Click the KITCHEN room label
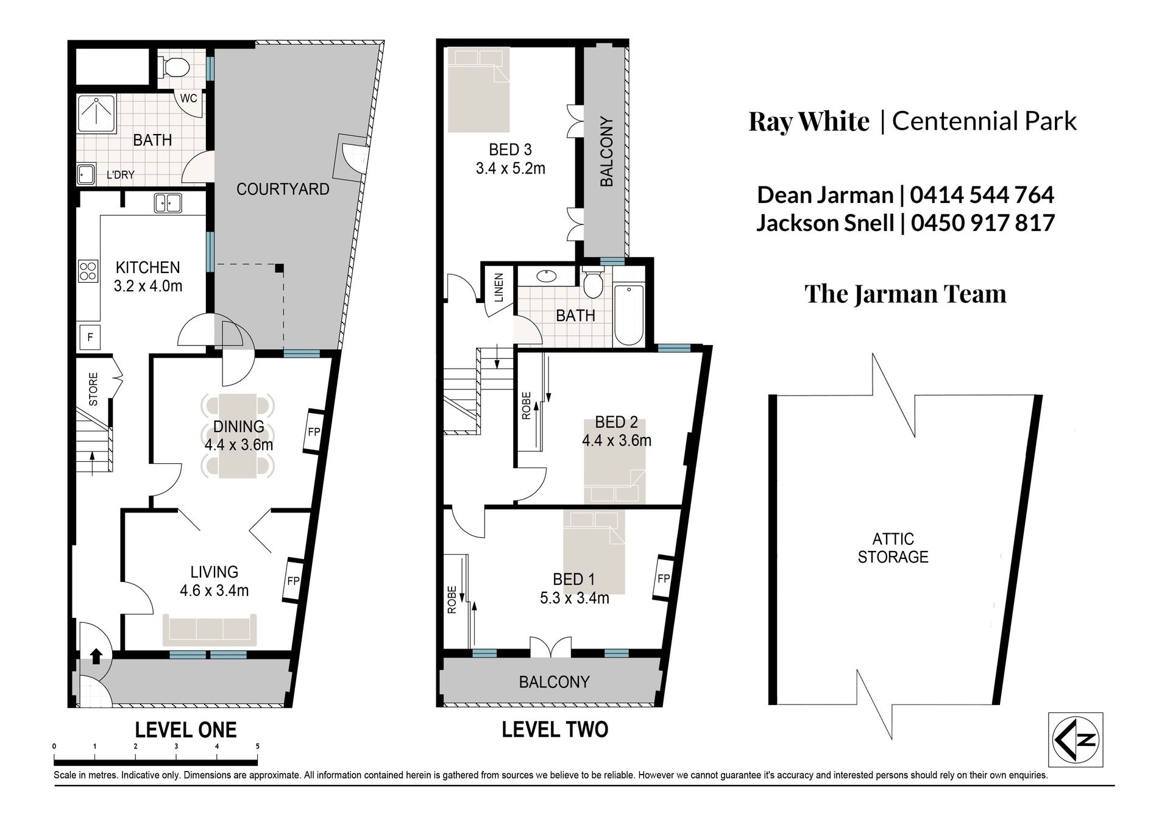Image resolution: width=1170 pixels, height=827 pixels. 148,268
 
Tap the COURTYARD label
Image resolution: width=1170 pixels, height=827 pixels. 283,189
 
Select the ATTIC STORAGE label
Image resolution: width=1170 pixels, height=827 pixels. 893,547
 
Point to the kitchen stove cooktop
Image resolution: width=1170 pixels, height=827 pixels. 88,271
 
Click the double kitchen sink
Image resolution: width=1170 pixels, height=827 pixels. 168,203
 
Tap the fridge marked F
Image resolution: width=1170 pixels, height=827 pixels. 90,337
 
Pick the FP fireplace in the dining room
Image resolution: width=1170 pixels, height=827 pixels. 313,431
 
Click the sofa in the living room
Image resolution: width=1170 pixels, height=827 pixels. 210,630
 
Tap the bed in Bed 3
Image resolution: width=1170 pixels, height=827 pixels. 478,90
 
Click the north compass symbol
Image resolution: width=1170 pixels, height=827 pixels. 1076,739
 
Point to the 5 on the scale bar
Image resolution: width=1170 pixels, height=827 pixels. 257,747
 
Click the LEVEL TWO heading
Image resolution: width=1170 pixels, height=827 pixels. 555,729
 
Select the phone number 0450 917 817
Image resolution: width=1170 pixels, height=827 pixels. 983,222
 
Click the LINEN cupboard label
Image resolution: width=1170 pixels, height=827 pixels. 499,288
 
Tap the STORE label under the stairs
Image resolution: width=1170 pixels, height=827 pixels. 93,389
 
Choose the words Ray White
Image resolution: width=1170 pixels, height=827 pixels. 809,121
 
